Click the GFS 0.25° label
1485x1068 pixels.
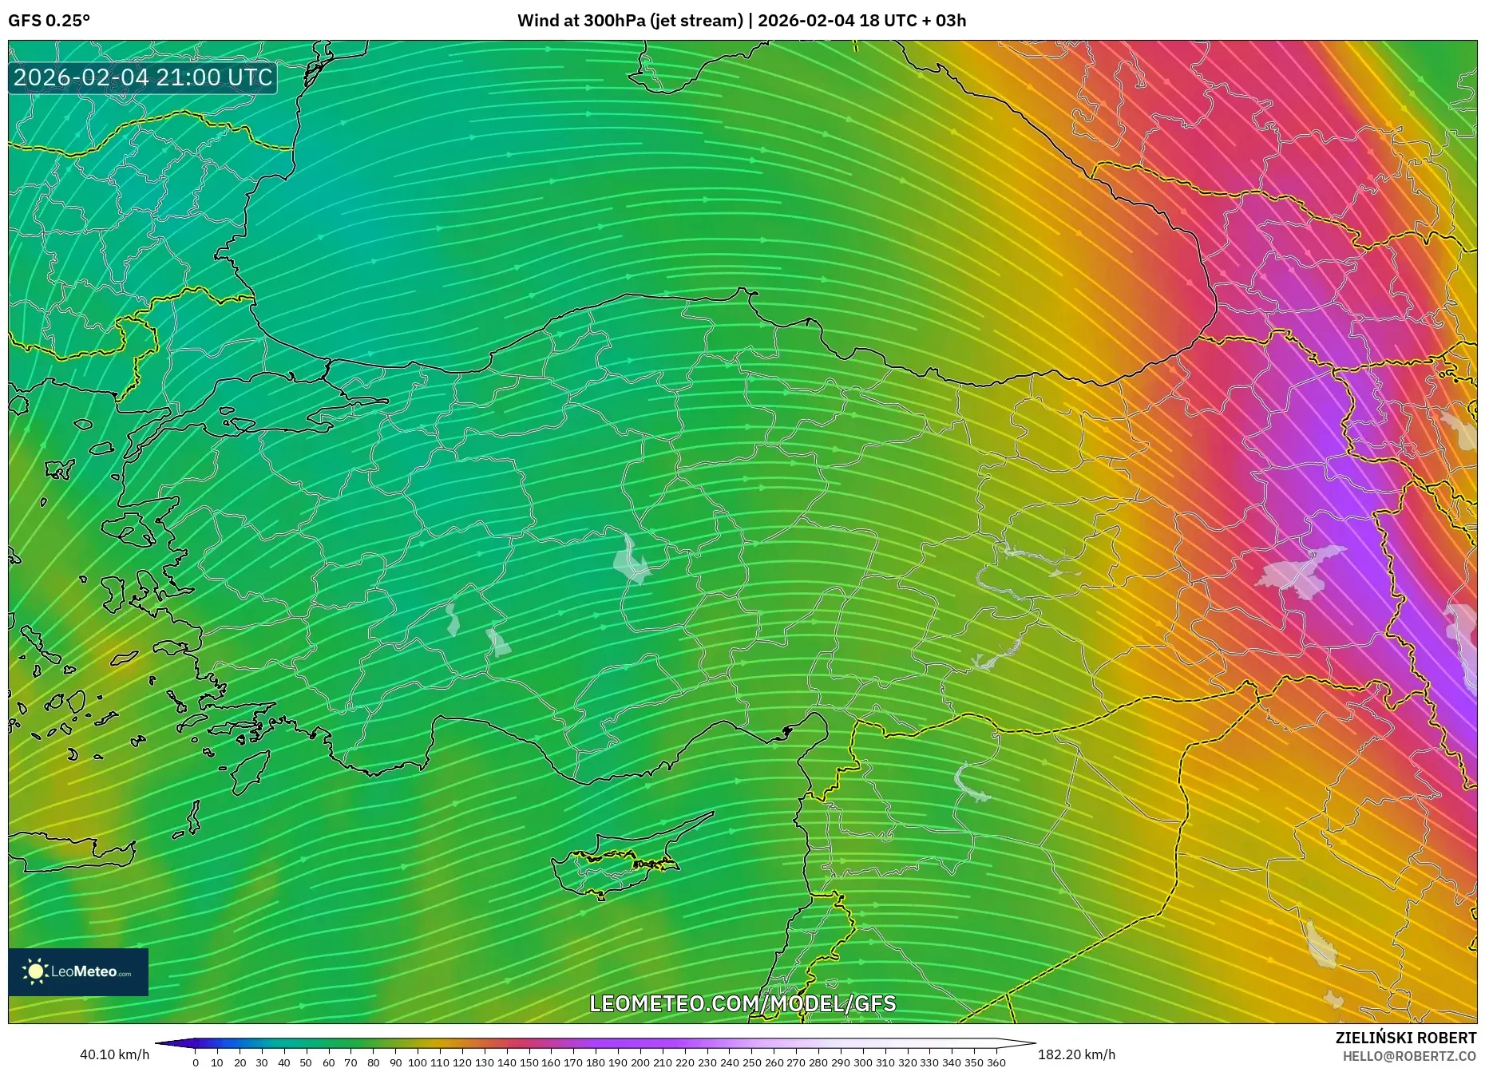click(49, 21)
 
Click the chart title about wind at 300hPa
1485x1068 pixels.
click(741, 21)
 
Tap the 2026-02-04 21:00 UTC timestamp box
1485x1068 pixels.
click(143, 77)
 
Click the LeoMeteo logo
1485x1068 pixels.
click(78, 971)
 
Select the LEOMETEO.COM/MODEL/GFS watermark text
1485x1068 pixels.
click(742, 1003)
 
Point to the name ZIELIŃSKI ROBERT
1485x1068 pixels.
click(1405, 1038)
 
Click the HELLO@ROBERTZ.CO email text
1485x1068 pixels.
click(1408, 1056)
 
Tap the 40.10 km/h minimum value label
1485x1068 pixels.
click(114, 1054)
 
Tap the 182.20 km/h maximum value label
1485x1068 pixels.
click(1076, 1054)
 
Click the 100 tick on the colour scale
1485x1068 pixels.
click(418, 1062)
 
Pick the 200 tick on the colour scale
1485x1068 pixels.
click(640, 1062)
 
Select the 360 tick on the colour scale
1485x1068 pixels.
click(996, 1062)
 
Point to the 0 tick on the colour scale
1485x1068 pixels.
click(196, 1062)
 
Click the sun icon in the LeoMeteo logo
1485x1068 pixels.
click(35, 971)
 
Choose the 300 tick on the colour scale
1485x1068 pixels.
click(862, 1062)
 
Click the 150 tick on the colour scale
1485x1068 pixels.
click(529, 1062)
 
